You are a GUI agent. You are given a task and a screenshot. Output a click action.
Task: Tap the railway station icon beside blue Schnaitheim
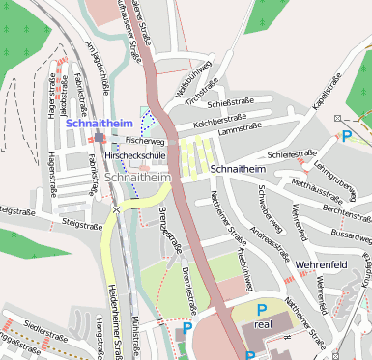[100, 138]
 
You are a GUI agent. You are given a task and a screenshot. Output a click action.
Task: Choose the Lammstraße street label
[241, 129]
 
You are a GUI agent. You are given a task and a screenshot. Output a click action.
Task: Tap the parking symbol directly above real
[261, 309]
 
